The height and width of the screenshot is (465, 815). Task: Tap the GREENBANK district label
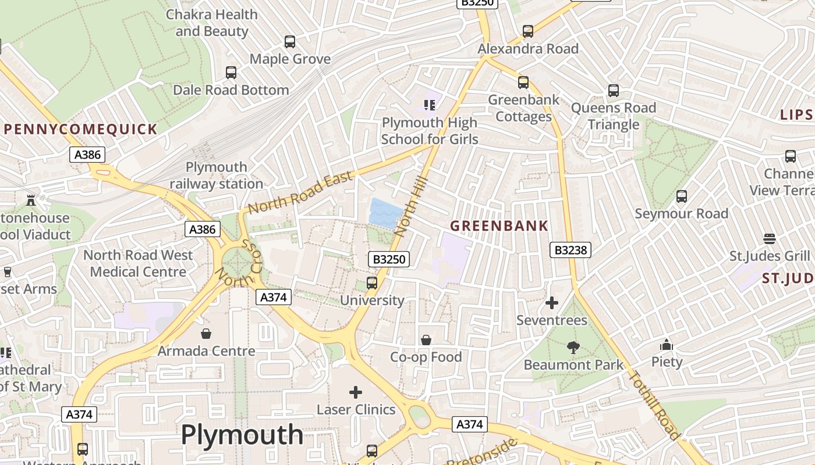499,226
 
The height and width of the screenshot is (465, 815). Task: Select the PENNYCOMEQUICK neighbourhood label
80,129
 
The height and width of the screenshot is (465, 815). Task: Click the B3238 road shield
570,250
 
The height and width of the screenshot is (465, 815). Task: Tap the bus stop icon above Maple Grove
290,42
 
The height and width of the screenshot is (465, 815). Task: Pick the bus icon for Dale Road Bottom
231,73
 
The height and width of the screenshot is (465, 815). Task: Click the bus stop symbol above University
372,283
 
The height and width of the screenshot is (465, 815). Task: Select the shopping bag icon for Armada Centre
206,334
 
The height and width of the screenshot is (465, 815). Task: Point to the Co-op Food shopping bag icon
426,339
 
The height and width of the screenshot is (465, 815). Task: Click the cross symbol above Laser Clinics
356,392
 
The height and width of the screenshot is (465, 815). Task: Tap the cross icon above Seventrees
552,303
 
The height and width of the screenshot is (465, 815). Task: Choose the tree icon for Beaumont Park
573,348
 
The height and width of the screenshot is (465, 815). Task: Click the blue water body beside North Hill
385,212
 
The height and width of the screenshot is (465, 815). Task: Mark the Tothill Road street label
655,405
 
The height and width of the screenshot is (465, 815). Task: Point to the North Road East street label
300,192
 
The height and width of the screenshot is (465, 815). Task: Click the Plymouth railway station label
217,176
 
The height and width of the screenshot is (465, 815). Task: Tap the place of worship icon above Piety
667,345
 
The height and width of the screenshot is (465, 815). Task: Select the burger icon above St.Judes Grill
770,239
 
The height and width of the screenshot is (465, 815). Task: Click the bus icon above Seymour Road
682,196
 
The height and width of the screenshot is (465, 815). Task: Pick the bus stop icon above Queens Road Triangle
614,91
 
